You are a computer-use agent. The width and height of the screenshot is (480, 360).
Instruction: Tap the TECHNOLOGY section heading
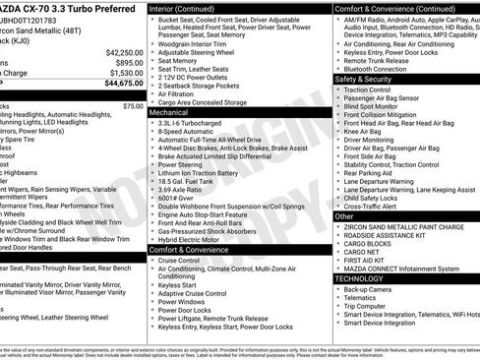(360, 278)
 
